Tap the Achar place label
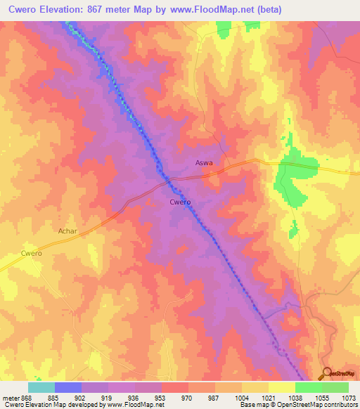[67, 230]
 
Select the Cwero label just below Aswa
[180, 202]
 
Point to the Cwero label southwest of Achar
[32, 253]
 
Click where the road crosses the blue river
[168, 181]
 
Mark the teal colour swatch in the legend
[41, 387]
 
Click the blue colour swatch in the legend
[68, 387]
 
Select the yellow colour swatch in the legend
[282, 387]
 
